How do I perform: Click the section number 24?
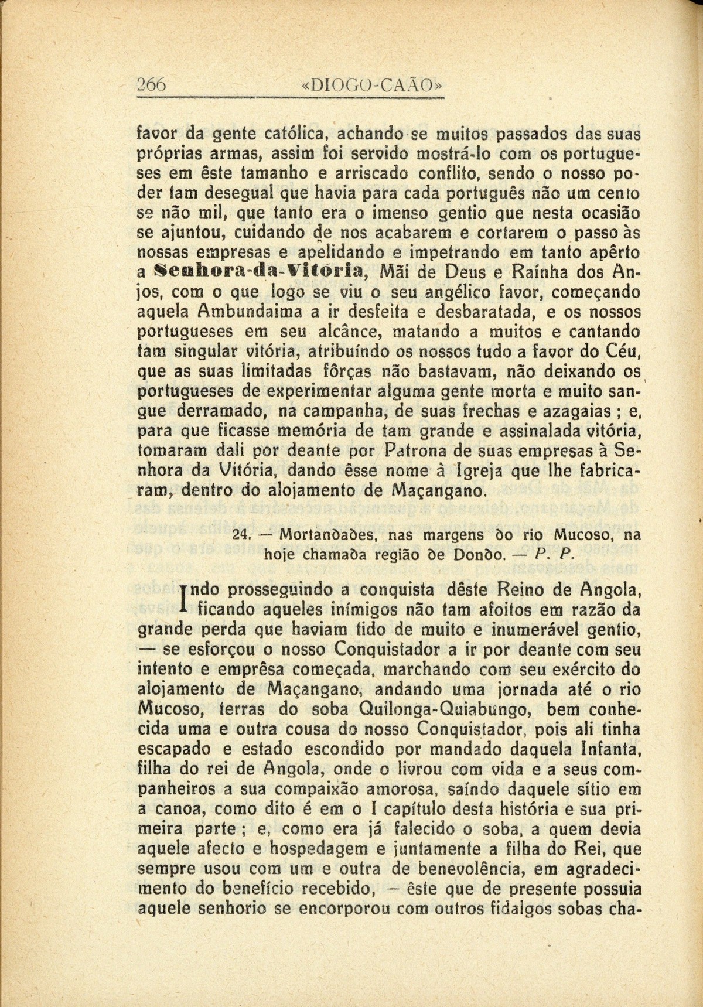pyautogui.click(x=241, y=535)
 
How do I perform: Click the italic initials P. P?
pyautogui.click(x=559, y=554)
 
